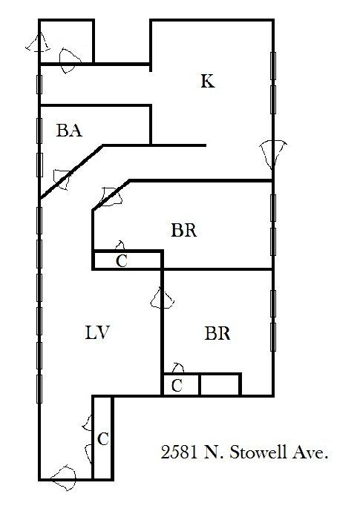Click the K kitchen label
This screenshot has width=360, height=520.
click(x=208, y=82)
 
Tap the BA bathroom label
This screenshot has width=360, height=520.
click(x=69, y=130)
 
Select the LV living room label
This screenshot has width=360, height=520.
click(x=97, y=332)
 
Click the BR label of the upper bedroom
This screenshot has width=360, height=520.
click(x=184, y=230)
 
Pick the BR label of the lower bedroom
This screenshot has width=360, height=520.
click(x=217, y=333)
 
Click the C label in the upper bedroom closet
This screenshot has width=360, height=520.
click(x=122, y=260)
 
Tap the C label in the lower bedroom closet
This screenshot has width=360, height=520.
click(x=177, y=385)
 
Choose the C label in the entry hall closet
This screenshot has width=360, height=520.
click(x=103, y=439)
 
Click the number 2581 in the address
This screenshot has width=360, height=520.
click(x=178, y=452)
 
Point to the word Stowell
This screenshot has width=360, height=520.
click(x=258, y=452)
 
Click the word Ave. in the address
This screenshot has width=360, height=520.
click(x=310, y=452)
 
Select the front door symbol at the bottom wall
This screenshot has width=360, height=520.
click(x=64, y=478)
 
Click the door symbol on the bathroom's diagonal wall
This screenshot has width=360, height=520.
click(x=62, y=180)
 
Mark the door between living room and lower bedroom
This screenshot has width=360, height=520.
click(x=162, y=297)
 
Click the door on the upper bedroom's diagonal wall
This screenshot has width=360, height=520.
click(x=111, y=197)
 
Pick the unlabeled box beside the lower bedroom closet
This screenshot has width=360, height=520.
click(x=220, y=385)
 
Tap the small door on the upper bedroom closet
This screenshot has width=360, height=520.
click(x=120, y=246)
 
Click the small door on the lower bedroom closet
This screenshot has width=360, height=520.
click(x=178, y=368)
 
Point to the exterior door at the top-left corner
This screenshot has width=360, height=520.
click(x=39, y=42)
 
